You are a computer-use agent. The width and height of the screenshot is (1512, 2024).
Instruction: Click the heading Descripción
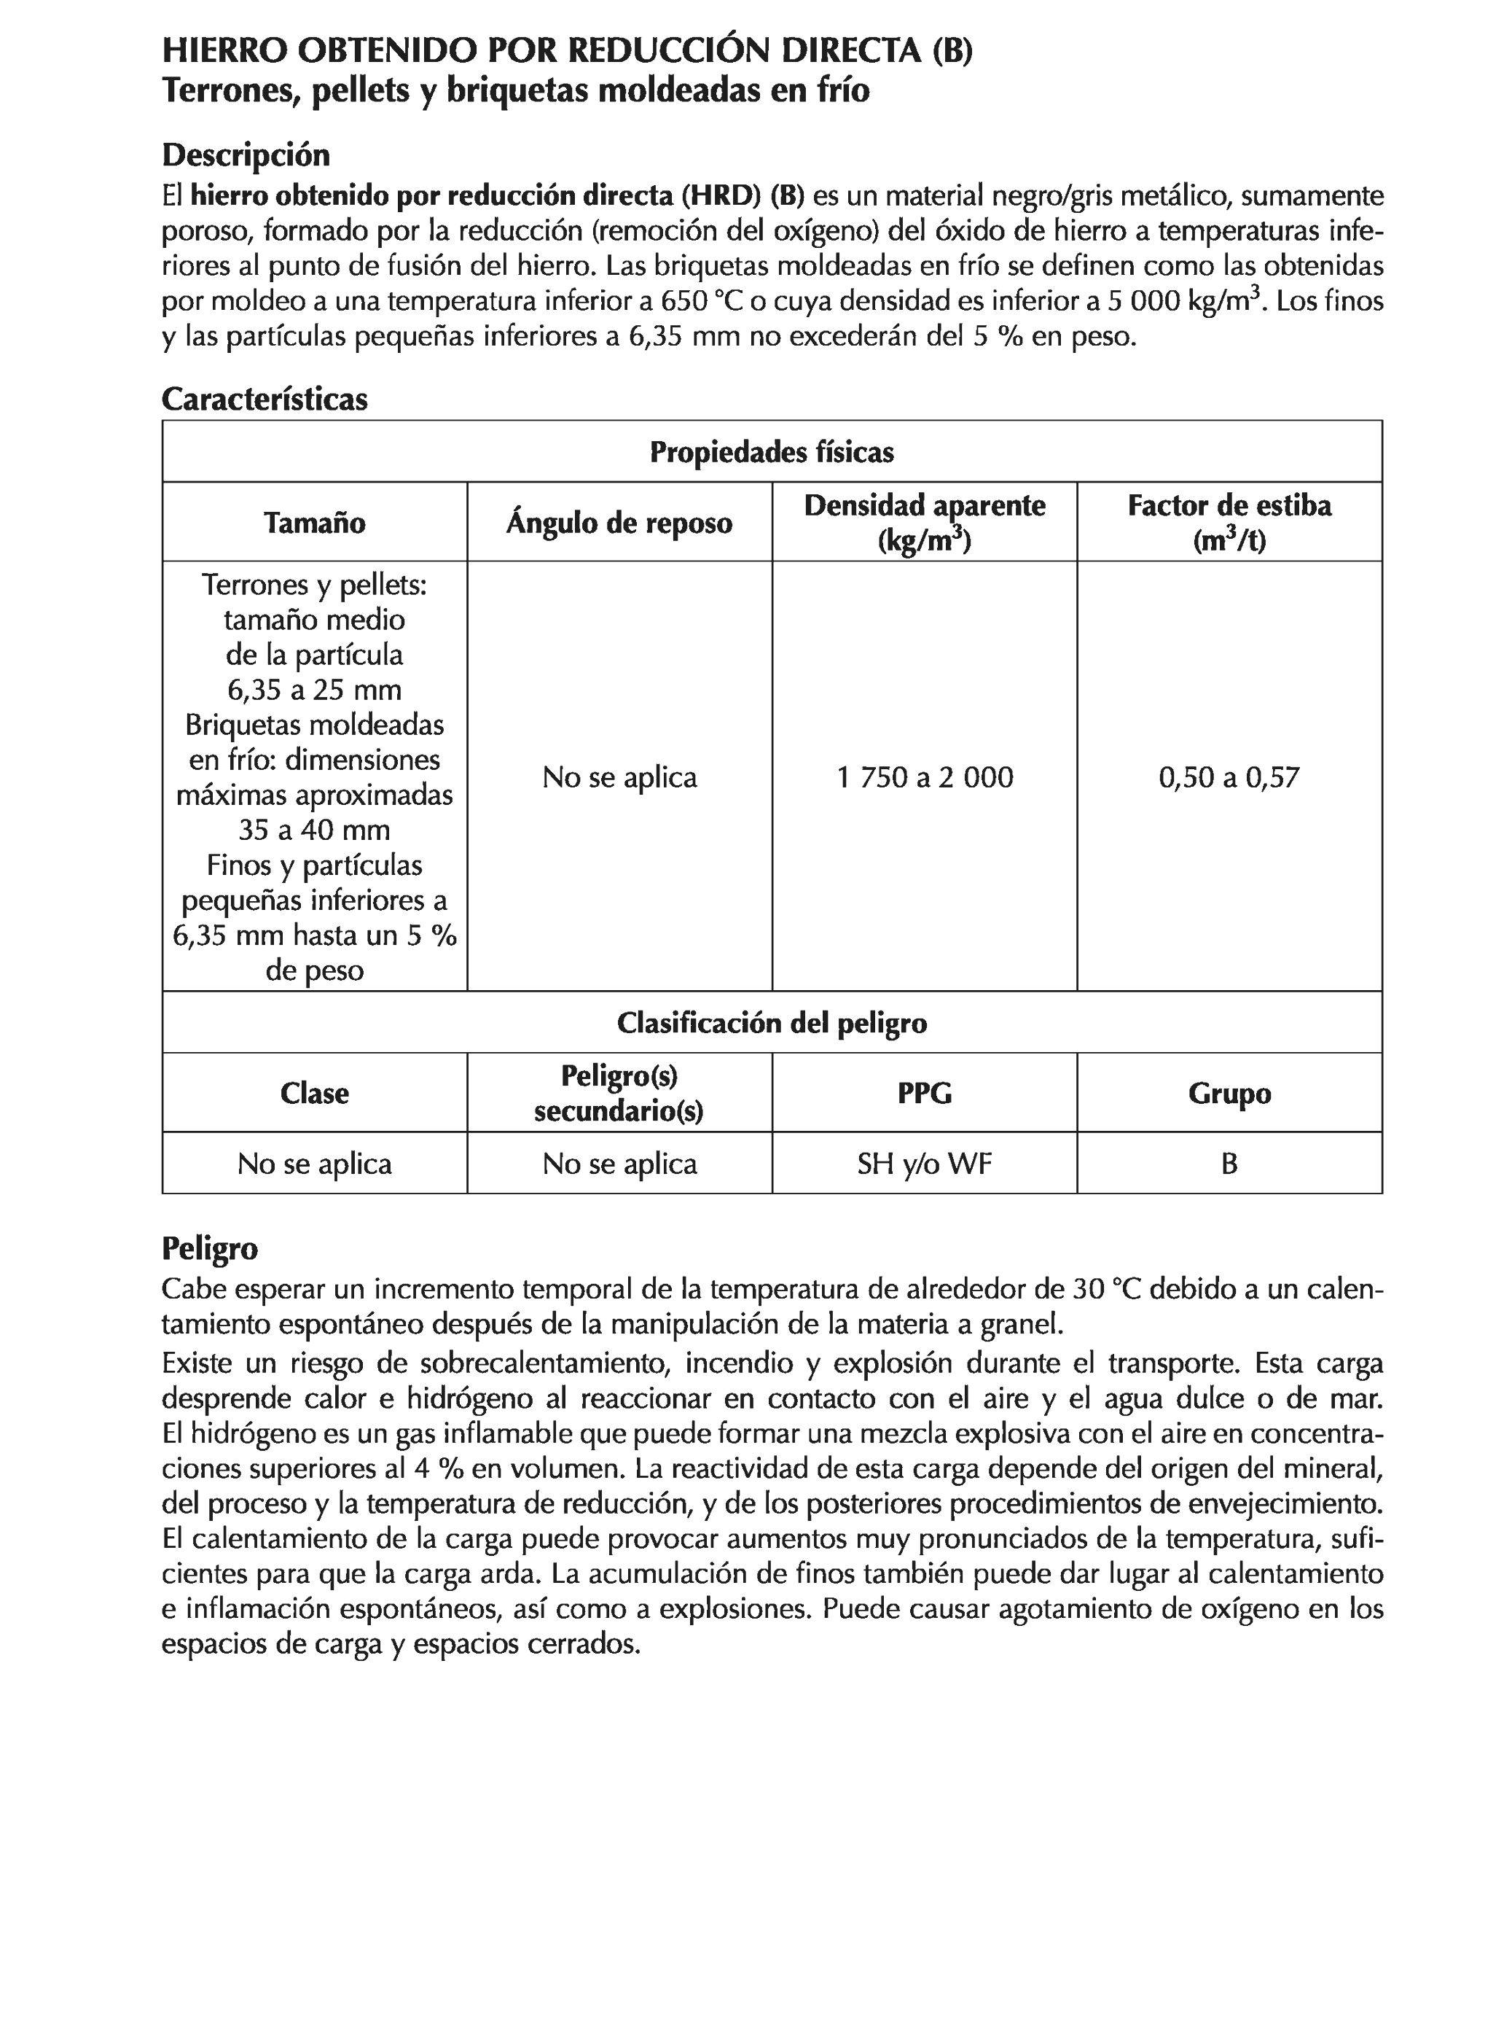tap(245, 155)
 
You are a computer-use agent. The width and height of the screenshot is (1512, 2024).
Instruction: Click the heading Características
tap(265, 399)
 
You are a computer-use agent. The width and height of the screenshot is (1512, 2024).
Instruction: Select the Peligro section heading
tap(209, 1248)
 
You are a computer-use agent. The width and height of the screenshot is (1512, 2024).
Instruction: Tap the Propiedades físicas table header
tap(771, 452)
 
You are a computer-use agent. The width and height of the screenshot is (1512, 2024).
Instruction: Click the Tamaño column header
tap(314, 523)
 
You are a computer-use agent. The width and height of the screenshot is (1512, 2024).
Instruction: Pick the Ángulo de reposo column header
tap(619, 523)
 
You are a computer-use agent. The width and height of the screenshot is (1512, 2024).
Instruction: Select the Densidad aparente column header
tap(924, 523)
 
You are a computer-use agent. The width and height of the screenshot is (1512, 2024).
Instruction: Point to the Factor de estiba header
tap(1229, 523)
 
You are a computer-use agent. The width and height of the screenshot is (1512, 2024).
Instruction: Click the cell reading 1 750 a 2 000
tap(924, 776)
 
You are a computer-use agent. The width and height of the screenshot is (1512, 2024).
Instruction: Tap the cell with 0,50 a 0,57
tap(1229, 776)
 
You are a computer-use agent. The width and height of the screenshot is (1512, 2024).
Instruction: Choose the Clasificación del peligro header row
tap(771, 1022)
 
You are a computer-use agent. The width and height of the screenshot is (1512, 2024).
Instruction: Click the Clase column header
tap(314, 1092)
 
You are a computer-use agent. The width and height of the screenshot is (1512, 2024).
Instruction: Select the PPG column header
tap(924, 1092)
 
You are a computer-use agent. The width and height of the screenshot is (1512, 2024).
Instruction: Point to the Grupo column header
tap(1229, 1092)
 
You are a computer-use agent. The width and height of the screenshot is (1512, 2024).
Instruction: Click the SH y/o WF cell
tap(924, 1163)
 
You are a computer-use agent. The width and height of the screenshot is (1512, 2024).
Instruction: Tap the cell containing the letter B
tap(1229, 1163)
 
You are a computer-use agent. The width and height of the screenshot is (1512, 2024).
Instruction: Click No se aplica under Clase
tap(314, 1163)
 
